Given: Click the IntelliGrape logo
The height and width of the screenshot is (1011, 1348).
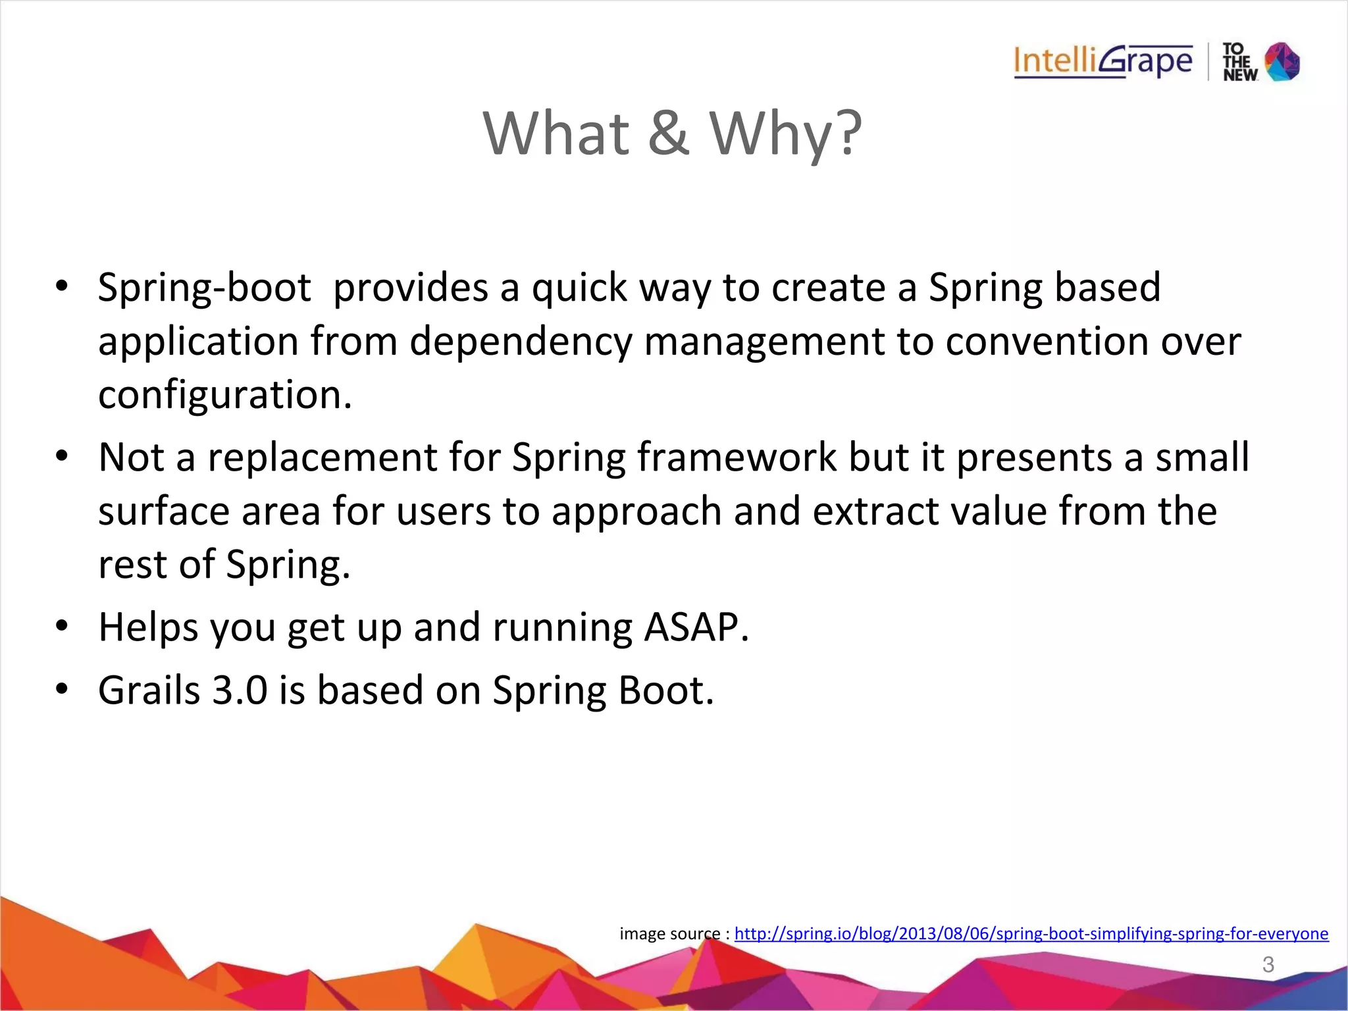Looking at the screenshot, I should pyautogui.click(x=1102, y=62).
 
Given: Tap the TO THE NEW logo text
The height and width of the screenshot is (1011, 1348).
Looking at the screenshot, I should pyautogui.click(x=1239, y=63).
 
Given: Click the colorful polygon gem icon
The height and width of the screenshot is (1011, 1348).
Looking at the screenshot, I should pyautogui.click(x=1282, y=62).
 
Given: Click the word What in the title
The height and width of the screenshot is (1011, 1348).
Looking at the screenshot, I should pyautogui.click(x=556, y=134).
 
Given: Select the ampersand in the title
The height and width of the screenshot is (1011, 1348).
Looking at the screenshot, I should pyautogui.click(x=669, y=134).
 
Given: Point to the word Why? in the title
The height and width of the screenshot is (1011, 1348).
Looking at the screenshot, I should pyautogui.click(x=785, y=134).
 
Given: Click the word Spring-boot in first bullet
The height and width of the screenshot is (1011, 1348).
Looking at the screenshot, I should pyautogui.click(x=204, y=288).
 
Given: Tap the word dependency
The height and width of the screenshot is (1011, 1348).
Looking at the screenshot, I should pyautogui.click(x=521, y=342).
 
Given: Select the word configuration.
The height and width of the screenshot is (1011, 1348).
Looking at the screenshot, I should pyautogui.click(x=224, y=395).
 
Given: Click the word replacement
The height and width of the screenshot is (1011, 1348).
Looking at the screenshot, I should pyautogui.click(x=323, y=457).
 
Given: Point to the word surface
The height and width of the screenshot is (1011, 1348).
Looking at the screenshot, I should pyautogui.click(x=163, y=511).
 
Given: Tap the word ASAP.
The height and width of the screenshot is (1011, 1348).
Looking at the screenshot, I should pyautogui.click(x=696, y=627).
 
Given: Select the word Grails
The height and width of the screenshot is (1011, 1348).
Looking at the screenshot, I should pyautogui.click(x=149, y=690).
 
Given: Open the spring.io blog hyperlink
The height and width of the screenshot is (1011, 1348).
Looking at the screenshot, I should pyautogui.click(x=1031, y=933).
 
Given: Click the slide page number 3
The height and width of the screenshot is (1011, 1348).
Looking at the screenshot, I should pyautogui.click(x=1268, y=964).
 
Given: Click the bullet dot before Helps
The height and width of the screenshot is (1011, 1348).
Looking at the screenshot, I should pyautogui.click(x=62, y=626).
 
